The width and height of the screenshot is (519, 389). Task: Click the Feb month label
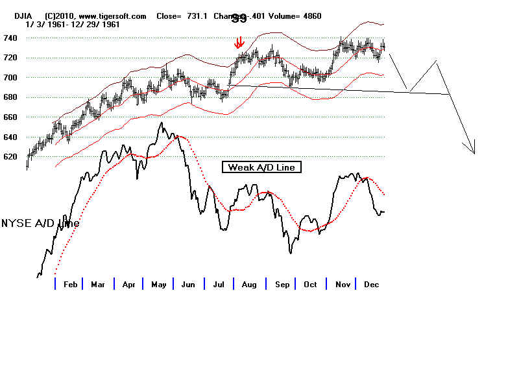click(x=71, y=285)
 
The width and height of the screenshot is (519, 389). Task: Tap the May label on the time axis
click(x=159, y=285)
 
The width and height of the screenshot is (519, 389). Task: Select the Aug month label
click(x=249, y=285)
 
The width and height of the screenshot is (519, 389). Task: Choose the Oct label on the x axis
click(x=310, y=285)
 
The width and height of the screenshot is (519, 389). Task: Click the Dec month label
click(x=371, y=285)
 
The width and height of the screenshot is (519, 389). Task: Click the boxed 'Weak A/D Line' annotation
click(x=261, y=167)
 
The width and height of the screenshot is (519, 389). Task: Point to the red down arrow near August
click(x=239, y=43)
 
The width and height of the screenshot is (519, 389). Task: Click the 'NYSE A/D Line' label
click(x=40, y=223)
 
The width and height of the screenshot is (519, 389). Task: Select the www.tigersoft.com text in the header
click(x=114, y=16)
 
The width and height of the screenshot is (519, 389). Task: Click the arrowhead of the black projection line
click(x=474, y=152)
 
